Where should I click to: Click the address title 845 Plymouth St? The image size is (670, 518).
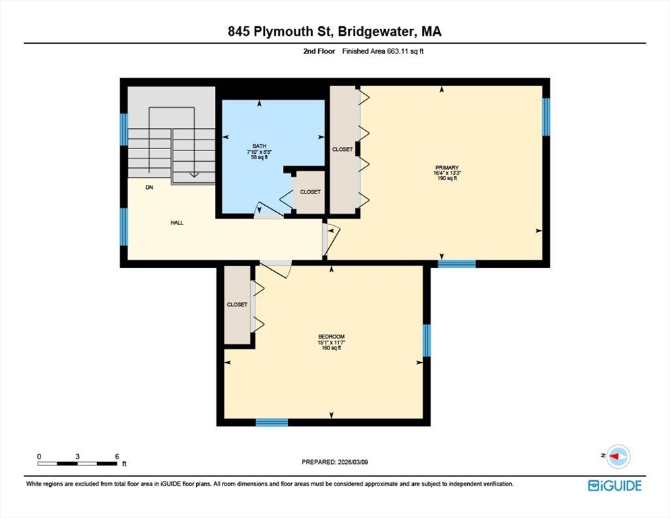(x=335, y=31)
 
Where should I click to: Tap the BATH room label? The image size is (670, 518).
(x=260, y=146)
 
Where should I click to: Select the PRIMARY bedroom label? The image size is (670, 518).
(x=447, y=167)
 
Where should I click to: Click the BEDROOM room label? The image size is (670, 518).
(x=331, y=337)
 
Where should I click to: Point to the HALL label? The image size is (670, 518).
(x=177, y=222)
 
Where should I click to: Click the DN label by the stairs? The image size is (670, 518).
(x=150, y=188)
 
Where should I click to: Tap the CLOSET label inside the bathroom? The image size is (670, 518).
(x=310, y=192)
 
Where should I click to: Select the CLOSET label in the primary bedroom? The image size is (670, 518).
(x=342, y=149)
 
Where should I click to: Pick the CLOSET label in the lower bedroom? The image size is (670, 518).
(x=237, y=304)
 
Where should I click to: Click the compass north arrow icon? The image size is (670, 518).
(x=617, y=457)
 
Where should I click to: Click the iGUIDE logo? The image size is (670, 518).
(x=615, y=485)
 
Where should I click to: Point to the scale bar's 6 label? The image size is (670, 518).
(x=117, y=457)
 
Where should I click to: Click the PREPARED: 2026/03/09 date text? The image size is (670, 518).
(x=335, y=462)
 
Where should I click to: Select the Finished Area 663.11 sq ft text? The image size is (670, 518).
(x=383, y=51)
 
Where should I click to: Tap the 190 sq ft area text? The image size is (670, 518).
(x=447, y=179)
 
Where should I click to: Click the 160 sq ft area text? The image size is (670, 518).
(x=331, y=348)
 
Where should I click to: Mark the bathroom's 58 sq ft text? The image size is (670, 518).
(x=260, y=157)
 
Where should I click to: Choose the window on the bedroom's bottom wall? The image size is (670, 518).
(x=272, y=422)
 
